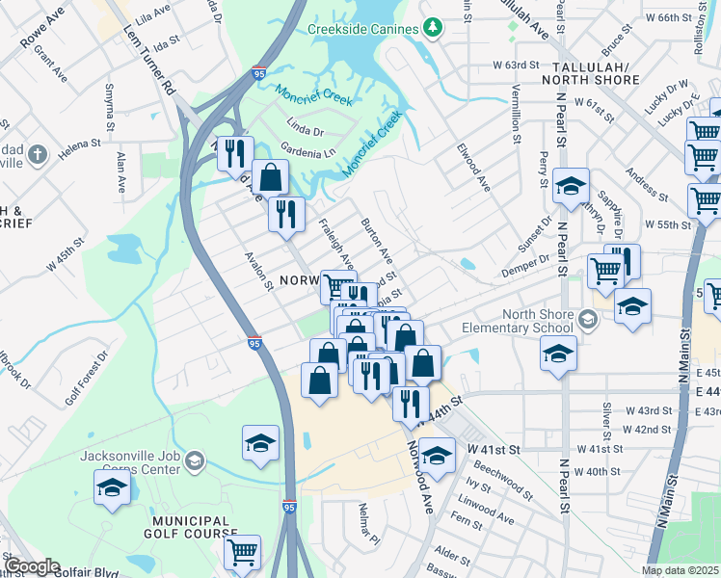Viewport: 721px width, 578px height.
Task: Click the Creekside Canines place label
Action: [360, 29]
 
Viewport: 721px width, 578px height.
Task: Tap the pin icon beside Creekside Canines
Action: [431, 29]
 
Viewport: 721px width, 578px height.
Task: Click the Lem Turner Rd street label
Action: [149, 73]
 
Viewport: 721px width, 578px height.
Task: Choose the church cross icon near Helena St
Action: [37, 155]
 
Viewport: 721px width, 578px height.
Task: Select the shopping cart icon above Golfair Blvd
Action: [242, 551]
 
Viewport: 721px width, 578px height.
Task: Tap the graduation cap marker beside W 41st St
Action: [437, 455]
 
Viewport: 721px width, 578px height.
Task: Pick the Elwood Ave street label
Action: [473, 169]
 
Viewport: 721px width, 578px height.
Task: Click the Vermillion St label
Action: [516, 114]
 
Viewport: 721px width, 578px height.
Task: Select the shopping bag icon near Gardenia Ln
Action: [270, 176]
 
